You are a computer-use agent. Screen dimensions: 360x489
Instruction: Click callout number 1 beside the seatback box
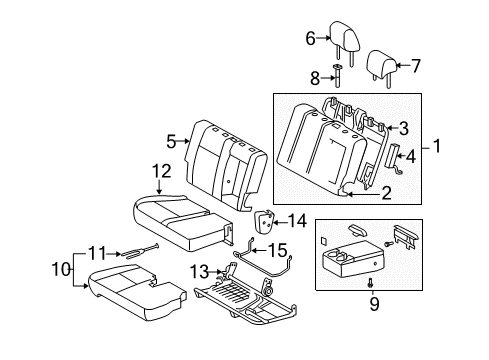pyautogui.click(x=437, y=147)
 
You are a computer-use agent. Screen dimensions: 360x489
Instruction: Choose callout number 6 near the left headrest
pyautogui.click(x=310, y=39)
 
